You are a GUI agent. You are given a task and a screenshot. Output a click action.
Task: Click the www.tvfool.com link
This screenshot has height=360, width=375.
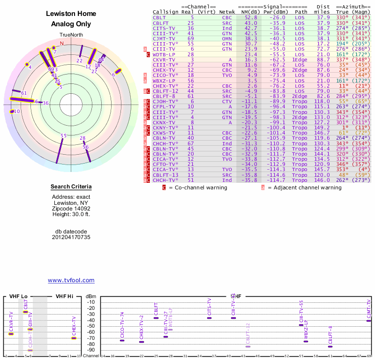[x=71, y=280]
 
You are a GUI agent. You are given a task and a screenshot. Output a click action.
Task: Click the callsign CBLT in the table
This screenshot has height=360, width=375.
[x=159, y=17]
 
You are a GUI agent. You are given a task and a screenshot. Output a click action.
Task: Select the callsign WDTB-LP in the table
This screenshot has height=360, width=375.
[x=165, y=54]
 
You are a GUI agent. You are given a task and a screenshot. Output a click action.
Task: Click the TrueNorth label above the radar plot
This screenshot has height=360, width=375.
[x=71, y=35]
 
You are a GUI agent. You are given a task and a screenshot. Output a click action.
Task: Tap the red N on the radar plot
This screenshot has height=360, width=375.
[x=62, y=43]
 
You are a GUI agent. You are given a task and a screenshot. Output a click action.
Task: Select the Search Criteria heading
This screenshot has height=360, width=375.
[x=71, y=187]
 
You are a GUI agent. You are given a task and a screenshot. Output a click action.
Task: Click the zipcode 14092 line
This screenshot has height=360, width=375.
[x=71, y=209]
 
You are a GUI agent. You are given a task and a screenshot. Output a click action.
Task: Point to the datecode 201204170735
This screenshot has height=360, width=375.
[x=71, y=237]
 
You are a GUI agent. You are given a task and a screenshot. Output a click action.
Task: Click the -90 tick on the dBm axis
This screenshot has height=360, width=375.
[x=91, y=350]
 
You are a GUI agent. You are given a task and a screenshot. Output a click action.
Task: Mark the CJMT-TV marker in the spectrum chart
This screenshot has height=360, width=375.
[x=369, y=321]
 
